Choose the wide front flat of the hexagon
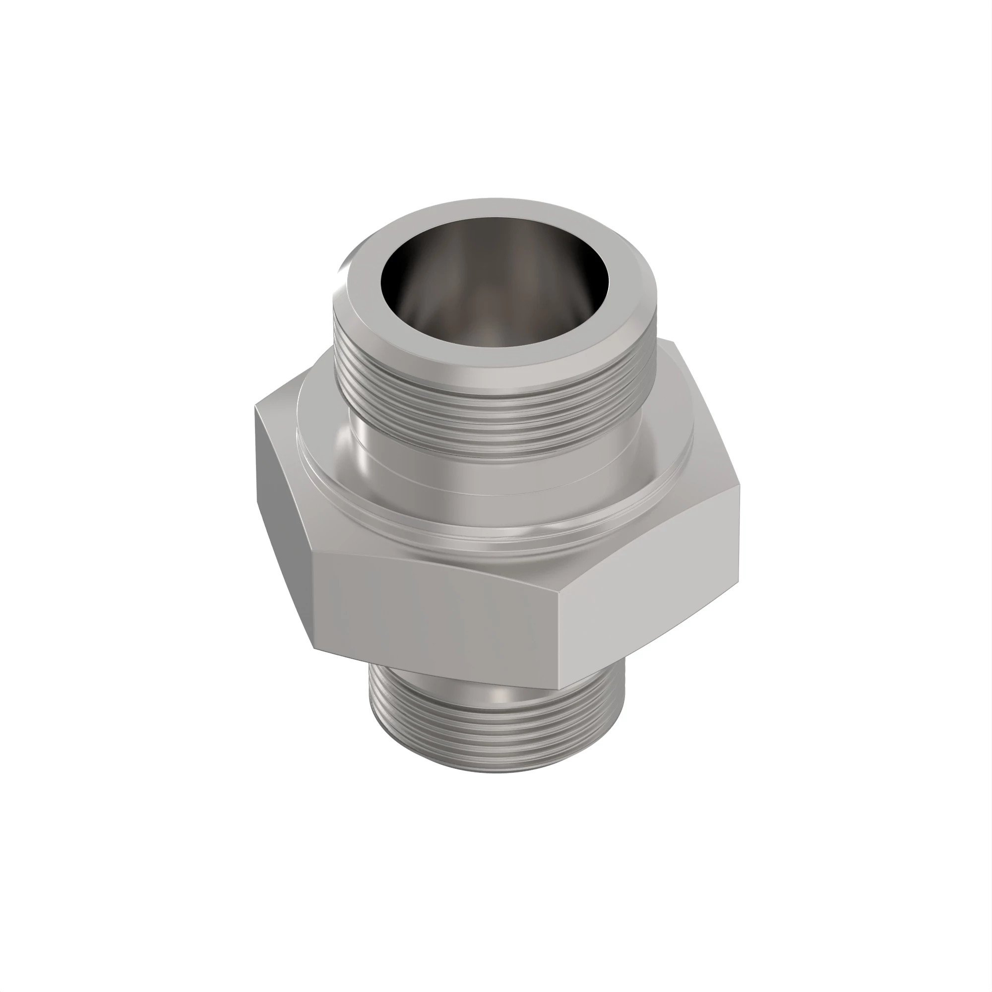tap(436, 616)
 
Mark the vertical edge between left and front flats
tap(314, 601)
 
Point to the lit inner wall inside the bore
tap(493, 318)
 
